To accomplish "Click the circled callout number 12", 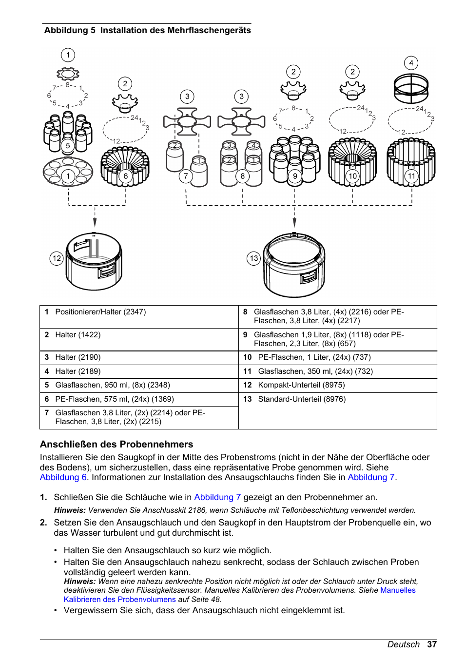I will tap(57, 258).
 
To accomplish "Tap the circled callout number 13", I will tap(253, 258).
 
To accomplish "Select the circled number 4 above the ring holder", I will tap(411, 63).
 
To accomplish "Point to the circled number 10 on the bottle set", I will tap(352, 176).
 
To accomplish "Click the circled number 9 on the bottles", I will tap(294, 176).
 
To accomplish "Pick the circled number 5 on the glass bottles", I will tap(68, 145).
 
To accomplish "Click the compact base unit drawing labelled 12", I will tap(94, 262).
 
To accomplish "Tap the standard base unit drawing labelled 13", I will tap(294, 265).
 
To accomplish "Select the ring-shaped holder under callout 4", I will tap(411, 88).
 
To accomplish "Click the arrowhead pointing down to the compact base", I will tap(95, 223).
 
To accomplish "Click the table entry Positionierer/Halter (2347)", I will tap(100, 312).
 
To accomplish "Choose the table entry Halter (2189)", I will tap(78, 371).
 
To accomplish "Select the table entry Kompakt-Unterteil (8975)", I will tap(301, 385).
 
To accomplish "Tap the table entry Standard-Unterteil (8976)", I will tap(302, 399).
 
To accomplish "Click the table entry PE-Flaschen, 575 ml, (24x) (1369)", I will tap(115, 399).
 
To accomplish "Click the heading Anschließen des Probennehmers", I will tap(116, 444).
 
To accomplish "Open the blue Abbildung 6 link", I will tap(63, 477).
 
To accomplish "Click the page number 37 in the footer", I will tap(432, 644).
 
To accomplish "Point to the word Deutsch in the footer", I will tap(403, 644).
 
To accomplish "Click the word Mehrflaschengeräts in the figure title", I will tap(209, 30).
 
